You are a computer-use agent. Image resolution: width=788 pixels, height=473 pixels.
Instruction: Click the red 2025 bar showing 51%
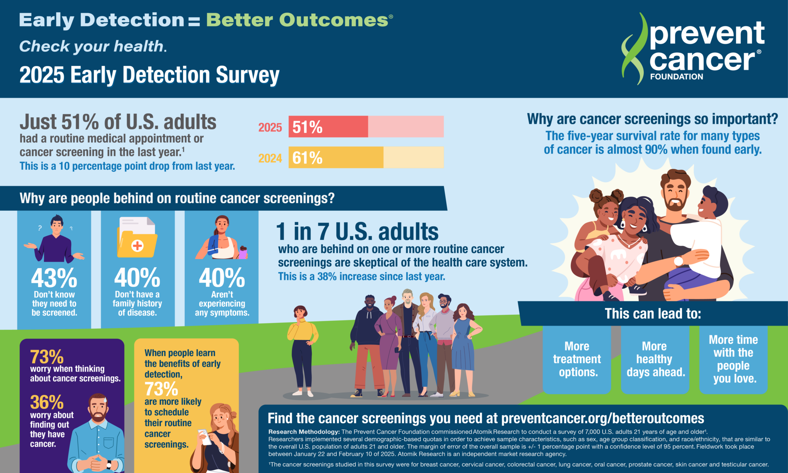[x=328, y=127]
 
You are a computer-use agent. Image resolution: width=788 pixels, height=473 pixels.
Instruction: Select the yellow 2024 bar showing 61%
[x=336, y=157]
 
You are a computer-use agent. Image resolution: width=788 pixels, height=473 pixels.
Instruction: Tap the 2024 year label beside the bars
[x=270, y=158]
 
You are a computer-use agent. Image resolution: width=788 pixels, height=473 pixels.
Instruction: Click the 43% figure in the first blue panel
[x=54, y=278]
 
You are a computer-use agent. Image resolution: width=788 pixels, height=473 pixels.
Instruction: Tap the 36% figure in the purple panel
[x=47, y=403]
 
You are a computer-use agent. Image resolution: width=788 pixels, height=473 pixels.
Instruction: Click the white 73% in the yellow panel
[x=161, y=389]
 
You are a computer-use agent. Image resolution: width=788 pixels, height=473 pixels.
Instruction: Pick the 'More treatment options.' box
[x=577, y=359]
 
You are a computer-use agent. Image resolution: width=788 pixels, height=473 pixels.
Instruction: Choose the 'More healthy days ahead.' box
[x=655, y=359]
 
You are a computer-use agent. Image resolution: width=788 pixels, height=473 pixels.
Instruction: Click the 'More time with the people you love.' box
[x=733, y=359]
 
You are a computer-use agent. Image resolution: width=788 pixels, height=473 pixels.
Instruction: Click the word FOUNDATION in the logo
[x=676, y=77]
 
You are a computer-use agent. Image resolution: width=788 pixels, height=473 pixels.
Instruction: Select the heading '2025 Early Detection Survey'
[x=149, y=75]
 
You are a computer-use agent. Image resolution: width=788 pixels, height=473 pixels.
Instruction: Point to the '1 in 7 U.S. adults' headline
[x=357, y=232]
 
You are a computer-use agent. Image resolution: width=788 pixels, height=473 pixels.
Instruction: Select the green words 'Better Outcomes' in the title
[x=297, y=20]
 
